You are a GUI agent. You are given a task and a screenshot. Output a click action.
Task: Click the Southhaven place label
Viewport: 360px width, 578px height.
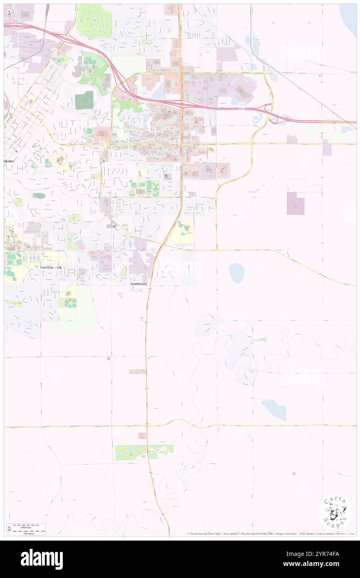pos(138,284)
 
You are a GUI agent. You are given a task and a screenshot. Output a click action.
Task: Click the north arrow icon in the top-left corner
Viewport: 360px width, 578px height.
pos(9,13)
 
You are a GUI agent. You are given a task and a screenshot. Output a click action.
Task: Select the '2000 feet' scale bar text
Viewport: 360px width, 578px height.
pos(30,526)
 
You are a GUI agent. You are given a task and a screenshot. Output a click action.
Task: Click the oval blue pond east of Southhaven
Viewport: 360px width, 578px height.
pos(237,273)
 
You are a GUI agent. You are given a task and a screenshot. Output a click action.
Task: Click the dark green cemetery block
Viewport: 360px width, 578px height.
pos(84,100)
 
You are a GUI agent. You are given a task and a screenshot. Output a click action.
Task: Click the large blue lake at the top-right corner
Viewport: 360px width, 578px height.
pos(348,15)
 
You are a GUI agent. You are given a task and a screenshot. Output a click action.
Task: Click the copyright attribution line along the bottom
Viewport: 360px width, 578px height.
pos(270,534)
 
